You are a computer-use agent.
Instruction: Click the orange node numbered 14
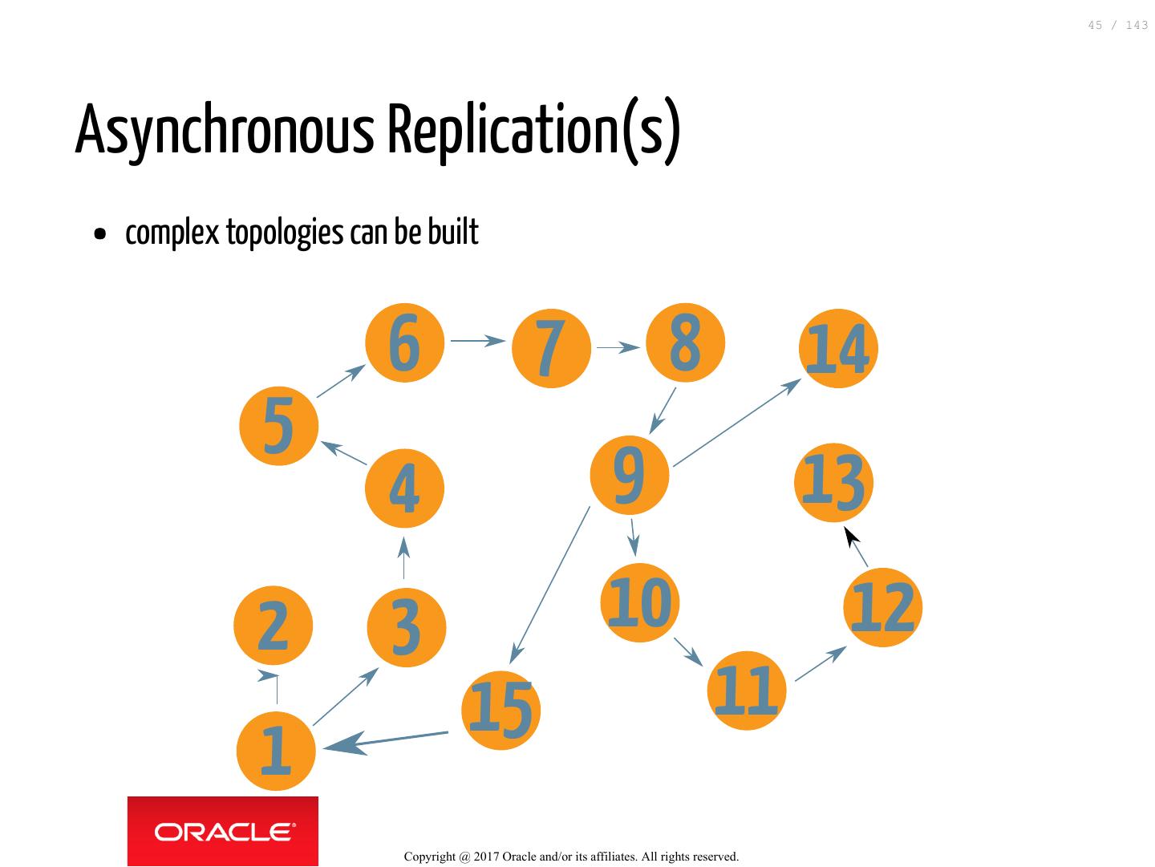click(x=838, y=349)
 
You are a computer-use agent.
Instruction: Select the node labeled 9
click(x=629, y=475)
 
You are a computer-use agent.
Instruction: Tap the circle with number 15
click(x=500, y=710)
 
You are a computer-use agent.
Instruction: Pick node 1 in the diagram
click(x=276, y=751)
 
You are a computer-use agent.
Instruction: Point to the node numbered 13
click(x=833, y=483)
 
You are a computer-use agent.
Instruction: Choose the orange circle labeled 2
click(x=273, y=626)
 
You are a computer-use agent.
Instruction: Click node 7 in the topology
click(x=551, y=347)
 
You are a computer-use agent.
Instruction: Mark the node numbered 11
click(x=746, y=691)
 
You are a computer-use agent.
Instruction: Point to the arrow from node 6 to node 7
click(x=477, y=341)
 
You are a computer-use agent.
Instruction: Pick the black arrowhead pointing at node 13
click(x=852, y=537)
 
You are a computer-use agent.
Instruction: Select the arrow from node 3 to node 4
click(x=403, y=558)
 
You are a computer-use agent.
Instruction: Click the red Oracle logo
click(x=223, y=832)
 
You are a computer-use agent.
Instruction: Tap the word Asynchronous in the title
click(x=225, y=131)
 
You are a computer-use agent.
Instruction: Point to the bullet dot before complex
click(x=99, y=235)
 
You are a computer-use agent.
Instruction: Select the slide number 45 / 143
click(x=1117, y=26)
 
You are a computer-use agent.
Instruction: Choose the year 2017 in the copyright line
click(x=485, y=857)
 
